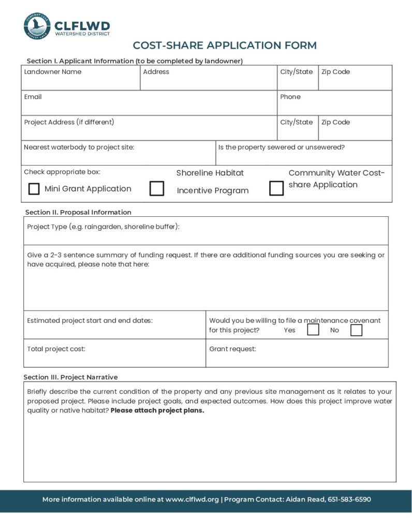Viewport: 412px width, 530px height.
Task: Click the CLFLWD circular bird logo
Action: (x=37, y=25)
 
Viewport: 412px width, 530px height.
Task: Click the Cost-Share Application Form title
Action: (x=225, y=45)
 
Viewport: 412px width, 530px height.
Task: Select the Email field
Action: (x=149, y=106)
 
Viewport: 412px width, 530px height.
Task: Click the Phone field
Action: (x=334, y=106)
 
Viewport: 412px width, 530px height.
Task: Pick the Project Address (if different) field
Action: (x=149, y=131)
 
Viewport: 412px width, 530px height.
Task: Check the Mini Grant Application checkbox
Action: (x=34, y=189)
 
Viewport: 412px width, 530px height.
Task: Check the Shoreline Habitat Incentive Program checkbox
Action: (x=157, y=188)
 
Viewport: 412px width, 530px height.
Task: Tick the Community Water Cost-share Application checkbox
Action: (x=276, y=188)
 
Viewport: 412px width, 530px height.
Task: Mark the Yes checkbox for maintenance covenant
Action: (x=313, y=330)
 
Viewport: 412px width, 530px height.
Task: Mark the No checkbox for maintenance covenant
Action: (x=356, y=330)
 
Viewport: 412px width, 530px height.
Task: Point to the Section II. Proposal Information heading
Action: (x=78, y=212)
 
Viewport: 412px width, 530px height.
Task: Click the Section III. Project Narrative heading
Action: (x=71, y=377)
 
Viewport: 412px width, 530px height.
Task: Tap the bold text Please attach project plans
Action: (x=157, y=411)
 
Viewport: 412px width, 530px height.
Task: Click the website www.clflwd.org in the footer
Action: (x=192, y=499)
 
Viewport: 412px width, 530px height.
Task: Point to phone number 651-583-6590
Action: (x=349, y=499)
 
